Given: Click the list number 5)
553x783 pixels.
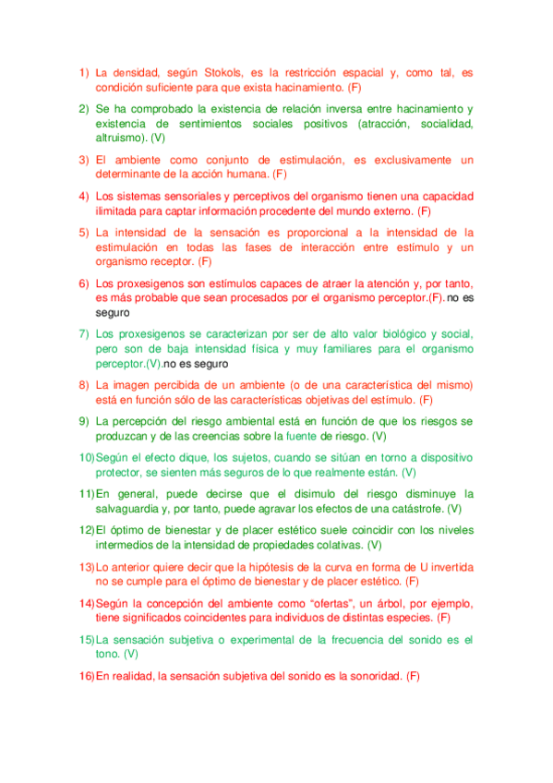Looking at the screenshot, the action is click(x=83, y=232).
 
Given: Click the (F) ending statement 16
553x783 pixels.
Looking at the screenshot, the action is click(x=412, y=676).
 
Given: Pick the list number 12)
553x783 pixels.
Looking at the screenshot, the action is click(x=86, y=530).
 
